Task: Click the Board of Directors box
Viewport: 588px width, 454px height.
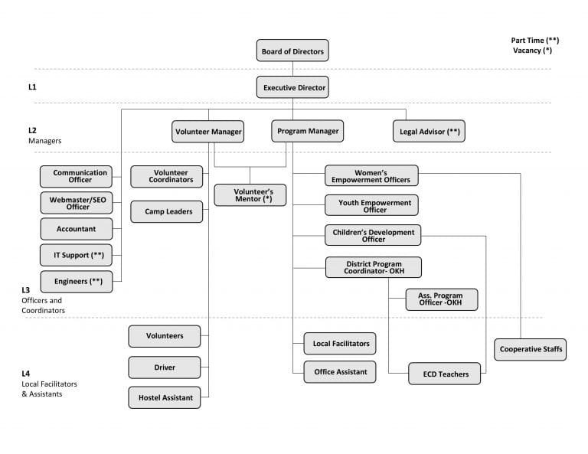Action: (x=292, y=51)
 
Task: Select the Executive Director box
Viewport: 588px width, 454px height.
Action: (x=292, y=87)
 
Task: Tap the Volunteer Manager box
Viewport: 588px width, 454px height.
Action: (x=208, y=132)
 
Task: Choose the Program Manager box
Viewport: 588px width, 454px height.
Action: (x=307, y=132)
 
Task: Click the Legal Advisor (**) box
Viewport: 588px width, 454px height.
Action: (x=429, y=132)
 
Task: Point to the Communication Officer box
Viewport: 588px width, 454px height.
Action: (x=76, y=176)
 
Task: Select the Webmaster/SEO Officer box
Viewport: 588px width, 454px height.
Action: (x=76, y=203)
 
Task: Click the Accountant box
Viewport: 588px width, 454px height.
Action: (x=76, y=229)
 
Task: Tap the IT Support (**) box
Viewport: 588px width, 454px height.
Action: (x=76, y=255)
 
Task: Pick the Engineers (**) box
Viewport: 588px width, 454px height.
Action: (x=76, y=282)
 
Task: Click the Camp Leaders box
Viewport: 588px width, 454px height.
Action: (x=166, y=211)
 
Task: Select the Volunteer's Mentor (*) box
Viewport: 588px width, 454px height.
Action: (x=250, y=194)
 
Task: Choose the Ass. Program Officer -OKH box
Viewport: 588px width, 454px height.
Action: (x=442, y=299)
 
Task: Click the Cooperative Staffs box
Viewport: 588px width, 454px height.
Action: (x=531, y=350)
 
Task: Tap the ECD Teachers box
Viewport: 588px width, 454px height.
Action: (x=445, y=374)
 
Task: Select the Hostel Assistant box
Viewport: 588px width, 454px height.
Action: (x=165, y=397)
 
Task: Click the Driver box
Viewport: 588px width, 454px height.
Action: (x=165, y=367)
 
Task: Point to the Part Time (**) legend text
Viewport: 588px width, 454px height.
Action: (x=534, y=40)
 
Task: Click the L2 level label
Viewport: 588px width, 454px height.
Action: (x=32, y=131)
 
